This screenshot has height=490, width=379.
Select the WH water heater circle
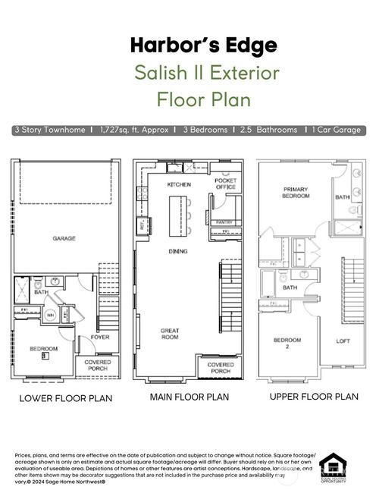pyautogui.click(x=52, y=316)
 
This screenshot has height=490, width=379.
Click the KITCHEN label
pyautogui.click(x=179, y=184)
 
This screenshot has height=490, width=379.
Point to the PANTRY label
pyautogui.click(x=224, y=222)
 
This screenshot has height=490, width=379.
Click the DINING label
pyautogui.click(x=179, y=251)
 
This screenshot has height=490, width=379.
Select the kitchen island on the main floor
pyautogui.click(x=179, y=213)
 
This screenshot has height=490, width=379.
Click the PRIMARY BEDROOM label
pyautogui.click(x=296, y=192)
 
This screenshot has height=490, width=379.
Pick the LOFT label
pyautogui.click(x=343, y=341)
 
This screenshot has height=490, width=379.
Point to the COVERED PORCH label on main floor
pyautogui.click(x=221, y=368)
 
